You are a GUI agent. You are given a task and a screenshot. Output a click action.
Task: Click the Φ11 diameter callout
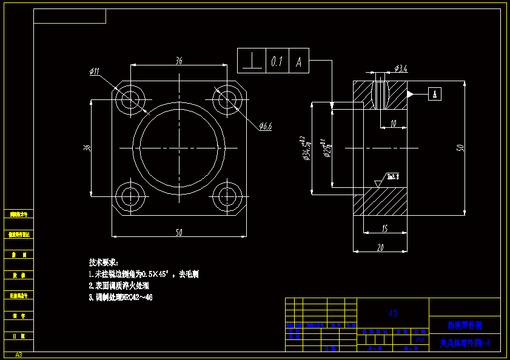94,72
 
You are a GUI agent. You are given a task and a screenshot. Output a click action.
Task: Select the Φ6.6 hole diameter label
265,127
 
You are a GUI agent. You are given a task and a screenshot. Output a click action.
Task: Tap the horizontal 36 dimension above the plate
179,61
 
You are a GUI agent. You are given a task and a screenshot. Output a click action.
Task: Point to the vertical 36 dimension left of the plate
87,147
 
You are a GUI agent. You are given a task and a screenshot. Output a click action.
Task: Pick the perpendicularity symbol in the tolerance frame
251,61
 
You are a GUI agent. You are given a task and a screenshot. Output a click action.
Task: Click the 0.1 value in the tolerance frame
277,61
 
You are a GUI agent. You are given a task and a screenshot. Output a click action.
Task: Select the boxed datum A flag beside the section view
435,93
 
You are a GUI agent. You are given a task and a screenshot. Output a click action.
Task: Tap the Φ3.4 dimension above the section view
400,69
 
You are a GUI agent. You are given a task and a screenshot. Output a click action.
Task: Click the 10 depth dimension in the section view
394,123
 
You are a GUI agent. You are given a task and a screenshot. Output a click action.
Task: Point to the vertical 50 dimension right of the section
460,147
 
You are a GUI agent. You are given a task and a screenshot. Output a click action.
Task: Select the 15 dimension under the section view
385,228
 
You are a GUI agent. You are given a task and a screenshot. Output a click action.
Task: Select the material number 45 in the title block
393,313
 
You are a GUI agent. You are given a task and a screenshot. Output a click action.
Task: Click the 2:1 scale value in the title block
418,339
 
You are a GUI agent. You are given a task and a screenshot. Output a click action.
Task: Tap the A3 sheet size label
19,355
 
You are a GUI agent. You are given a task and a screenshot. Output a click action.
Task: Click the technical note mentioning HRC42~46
121,297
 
